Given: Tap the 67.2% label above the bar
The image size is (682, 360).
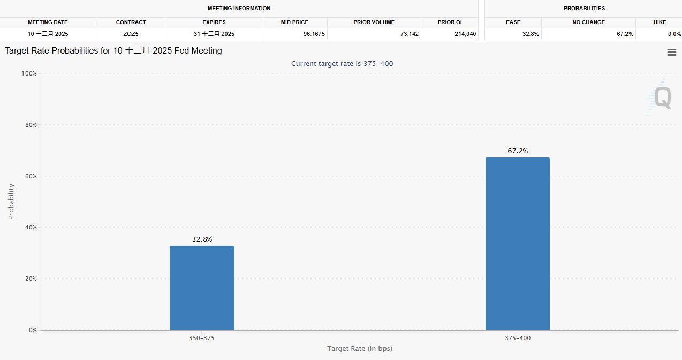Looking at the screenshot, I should click(518, 151).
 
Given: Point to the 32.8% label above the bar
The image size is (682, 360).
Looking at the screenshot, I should click(202, 239).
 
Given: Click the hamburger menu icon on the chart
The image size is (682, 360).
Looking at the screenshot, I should click(671, 52).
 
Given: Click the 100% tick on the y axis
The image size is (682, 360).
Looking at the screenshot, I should click(29, 73).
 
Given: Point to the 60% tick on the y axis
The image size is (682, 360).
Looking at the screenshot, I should click(31, 176).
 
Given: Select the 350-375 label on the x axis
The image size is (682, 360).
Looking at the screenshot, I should click(202, 338).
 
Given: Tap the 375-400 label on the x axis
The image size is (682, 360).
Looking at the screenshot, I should click(518, 338).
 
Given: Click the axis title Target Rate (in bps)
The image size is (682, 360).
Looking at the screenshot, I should click(360, 349).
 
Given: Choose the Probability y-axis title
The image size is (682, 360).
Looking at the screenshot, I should click(11, 201).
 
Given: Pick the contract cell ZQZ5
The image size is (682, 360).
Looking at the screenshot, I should click(131, 34).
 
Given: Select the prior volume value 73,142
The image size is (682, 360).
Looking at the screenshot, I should click(408, 34).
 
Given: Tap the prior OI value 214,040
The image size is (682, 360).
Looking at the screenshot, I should click(464, 34).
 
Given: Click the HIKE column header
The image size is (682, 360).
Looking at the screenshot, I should click(660, 22).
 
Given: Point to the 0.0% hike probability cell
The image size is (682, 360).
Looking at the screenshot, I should click(674, 34).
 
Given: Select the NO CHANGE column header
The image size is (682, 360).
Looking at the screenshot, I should click(588, 22).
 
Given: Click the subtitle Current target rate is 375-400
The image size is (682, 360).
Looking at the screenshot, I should click(342, 64).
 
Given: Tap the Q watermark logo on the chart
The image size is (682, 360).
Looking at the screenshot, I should click(662, 98).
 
